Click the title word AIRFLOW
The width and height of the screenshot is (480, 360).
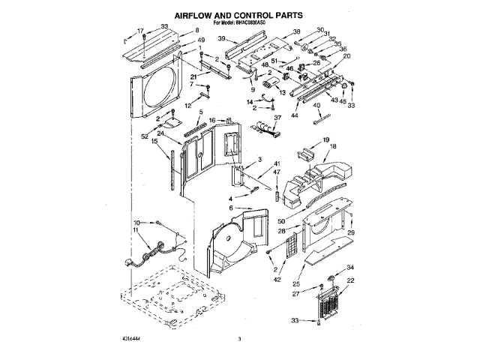(199, 14)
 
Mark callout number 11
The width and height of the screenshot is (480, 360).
(137, 232)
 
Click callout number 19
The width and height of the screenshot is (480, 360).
(325, 140)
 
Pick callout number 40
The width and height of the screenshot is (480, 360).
(316, 106)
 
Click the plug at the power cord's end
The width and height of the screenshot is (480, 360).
(129, 262)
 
